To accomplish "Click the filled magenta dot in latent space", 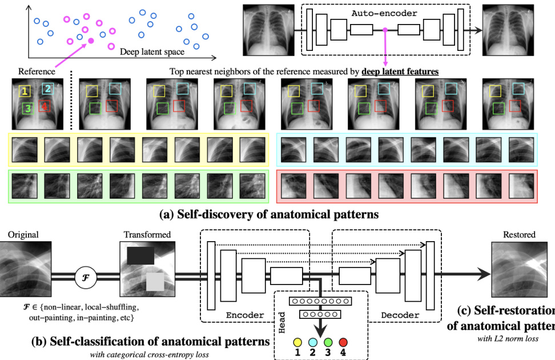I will (x=90, y=41).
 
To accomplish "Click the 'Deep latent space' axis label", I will (x=152, y=52).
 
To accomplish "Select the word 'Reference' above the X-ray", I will (x=37, y=71).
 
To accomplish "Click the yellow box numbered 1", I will (x=25, y=90).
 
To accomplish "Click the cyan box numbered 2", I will (x=47, y=88).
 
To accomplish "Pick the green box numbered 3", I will (x=27, y=108).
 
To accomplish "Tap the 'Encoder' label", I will (x=245, y=315).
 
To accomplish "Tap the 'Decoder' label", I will (x=400, y=315).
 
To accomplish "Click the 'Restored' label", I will (x=519, y=234).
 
